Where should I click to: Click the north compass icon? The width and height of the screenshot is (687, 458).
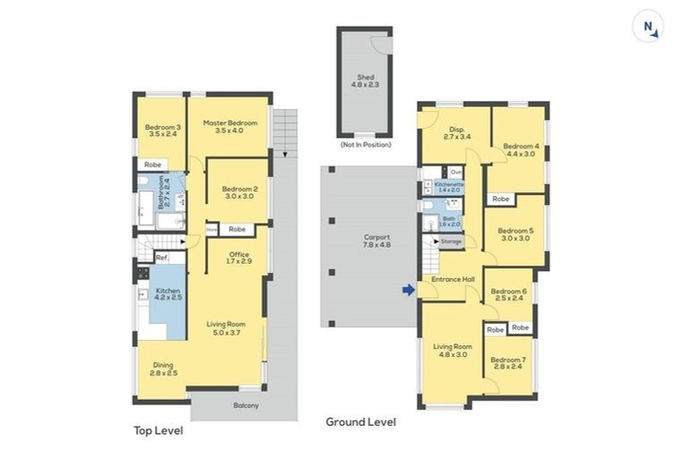[650, 28]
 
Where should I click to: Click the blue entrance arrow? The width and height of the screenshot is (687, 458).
[409, 290]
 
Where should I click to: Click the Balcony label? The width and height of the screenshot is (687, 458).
[246, 406]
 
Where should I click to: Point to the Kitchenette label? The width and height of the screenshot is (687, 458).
[448, 186]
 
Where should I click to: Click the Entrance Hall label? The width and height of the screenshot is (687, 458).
[453, 279]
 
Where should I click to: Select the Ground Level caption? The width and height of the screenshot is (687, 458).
[360, 422]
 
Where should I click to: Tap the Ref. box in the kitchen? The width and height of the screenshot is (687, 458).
[162, 259]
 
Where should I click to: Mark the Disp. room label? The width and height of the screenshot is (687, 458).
[456, 131]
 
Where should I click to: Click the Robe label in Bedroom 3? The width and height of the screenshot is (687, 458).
[152, 165]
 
